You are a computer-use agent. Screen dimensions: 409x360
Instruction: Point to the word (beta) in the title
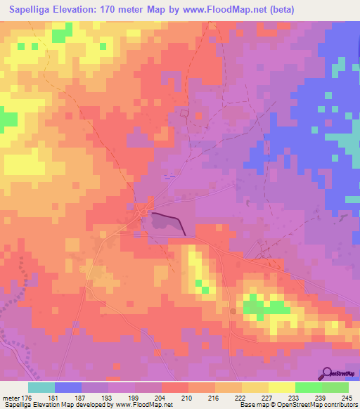[280, 10]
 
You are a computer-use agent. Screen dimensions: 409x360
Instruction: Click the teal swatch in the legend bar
[41, 387]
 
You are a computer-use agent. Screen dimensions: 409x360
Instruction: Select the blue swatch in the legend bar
[67, 387]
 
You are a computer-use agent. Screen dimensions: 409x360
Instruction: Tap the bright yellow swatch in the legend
[281, 387]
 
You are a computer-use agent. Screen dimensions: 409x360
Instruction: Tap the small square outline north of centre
[185, 112]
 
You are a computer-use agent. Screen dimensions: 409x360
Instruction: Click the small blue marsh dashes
[167, 177]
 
